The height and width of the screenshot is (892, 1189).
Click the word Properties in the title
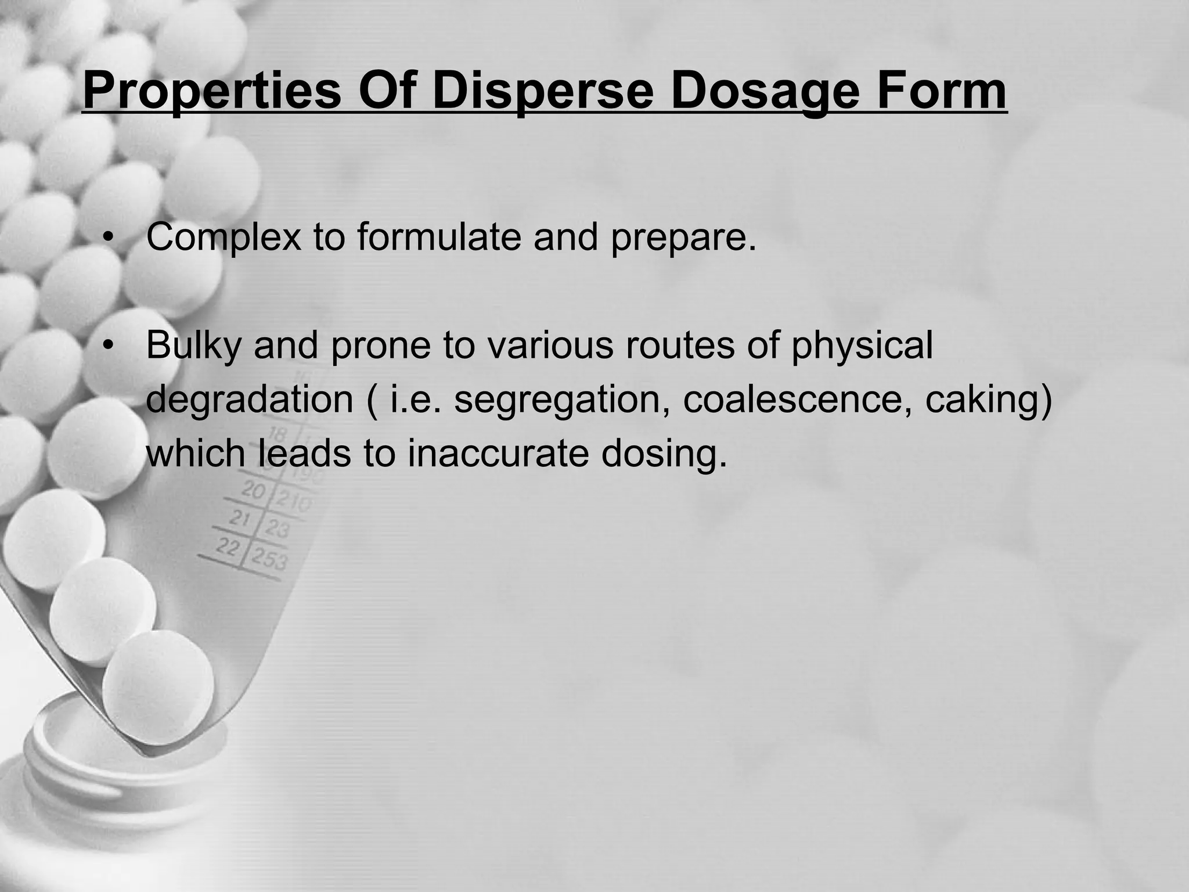click(211, 92)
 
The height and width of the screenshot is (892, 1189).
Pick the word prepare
click(683, 238)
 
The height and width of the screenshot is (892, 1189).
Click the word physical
click(862, 346)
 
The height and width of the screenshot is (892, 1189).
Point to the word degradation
click(250, 400)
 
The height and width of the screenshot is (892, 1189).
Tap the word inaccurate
click(498, 454)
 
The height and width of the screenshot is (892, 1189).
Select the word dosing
click(664, 454)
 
